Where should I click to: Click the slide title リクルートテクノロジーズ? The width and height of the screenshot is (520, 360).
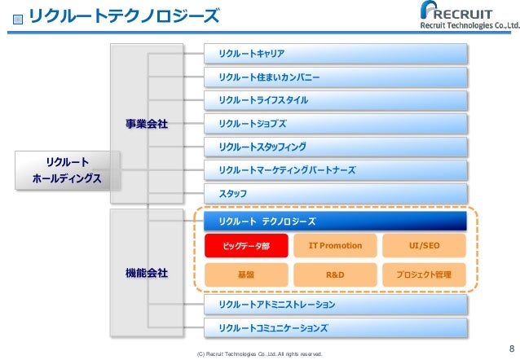[122, 16]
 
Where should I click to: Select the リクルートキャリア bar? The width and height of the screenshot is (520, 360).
[336, 54]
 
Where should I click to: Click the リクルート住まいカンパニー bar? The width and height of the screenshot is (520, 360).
[336, 77]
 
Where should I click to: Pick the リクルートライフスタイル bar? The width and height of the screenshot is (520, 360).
[336, 100]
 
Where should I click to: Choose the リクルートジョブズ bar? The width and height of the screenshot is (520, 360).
[336, 124]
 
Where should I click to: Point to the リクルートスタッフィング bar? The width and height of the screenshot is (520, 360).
[336, 147]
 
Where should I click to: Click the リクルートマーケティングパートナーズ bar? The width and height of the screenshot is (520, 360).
[336, 170]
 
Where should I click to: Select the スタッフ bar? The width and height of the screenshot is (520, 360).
[336, 193]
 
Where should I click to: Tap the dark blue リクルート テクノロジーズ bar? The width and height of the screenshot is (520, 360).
[336, 221]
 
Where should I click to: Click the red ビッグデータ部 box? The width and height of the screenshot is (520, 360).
[246, 246]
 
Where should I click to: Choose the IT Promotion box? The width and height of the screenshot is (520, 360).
[335, 246]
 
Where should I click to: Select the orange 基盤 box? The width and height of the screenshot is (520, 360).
[246, 274]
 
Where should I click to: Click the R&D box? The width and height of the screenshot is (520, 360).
[335, 274]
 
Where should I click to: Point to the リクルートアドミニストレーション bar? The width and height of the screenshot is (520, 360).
[336, 305]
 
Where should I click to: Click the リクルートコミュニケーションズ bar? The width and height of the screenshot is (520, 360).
[336, 328]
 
